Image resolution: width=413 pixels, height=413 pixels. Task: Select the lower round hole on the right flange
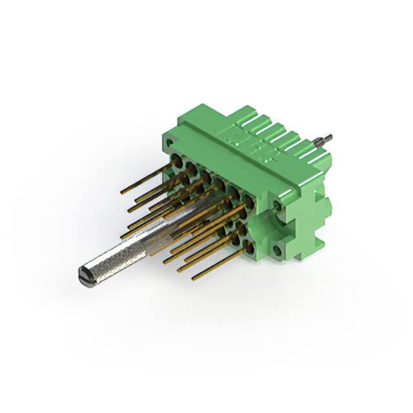278,249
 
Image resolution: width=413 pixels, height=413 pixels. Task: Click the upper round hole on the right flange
277,205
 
